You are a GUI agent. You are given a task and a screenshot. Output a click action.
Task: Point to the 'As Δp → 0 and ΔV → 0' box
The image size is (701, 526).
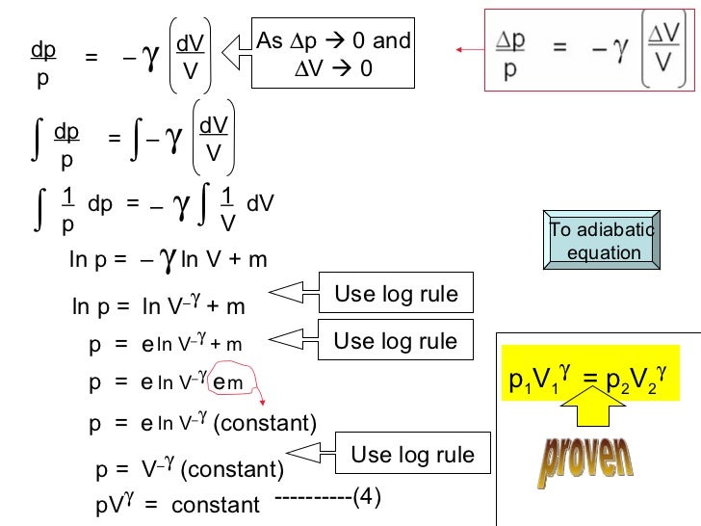[x=332, y=54]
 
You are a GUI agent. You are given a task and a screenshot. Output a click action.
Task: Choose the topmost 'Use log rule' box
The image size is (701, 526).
[x=395, y=293]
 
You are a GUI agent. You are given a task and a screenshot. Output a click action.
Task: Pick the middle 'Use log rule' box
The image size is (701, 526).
[x=395, y=340]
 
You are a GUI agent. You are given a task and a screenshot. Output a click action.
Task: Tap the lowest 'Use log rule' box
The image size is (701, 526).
[x=413, y=454]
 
